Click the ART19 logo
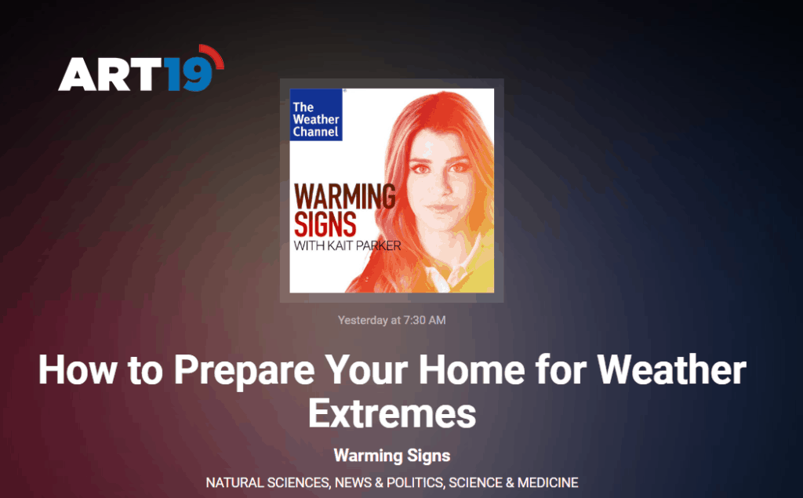tap(141, 69)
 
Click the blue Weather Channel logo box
tap(316, 115)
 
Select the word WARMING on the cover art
tap(345, 197)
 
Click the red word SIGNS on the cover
tap(325, 224)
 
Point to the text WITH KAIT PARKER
tap(347, 246)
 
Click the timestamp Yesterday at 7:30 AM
tap(392, 320)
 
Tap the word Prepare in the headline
tap(244, 370)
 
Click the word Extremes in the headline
tap(392, 413)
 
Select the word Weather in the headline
tap(671, 369)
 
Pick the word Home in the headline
tap(471, 369)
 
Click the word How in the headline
tap(78, 369)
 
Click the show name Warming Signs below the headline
tap(392, 456)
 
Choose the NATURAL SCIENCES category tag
tap(267, 482)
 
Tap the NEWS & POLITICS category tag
tap(389, 482)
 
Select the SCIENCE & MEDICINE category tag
tap(514, 482)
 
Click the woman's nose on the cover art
tap(441, 185)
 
